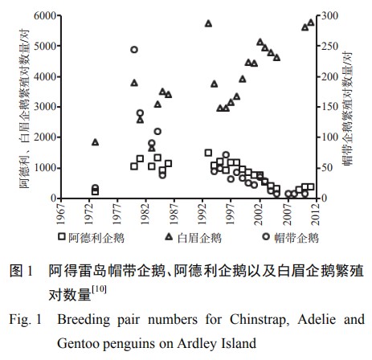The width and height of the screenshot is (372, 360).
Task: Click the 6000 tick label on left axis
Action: point(45,16)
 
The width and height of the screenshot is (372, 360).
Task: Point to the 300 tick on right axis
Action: point(329,16)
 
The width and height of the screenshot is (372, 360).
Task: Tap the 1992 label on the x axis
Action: point(202,214)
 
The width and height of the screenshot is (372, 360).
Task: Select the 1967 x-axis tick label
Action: point(61,214)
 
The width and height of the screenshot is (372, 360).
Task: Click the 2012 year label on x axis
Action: point(317,214)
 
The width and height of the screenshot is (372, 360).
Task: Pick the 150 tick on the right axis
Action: point(329,107)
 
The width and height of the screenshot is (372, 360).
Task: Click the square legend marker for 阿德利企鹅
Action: point(62,237)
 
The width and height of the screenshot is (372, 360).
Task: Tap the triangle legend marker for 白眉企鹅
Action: point(169,237)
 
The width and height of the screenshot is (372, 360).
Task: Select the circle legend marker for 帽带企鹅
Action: point(266,237)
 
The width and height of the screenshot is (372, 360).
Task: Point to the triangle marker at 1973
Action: point(96,142)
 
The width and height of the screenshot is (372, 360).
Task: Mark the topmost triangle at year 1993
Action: point(208,24)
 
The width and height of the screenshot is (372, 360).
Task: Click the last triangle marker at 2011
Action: point(311,22)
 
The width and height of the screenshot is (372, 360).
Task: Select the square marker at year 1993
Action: point(208,153)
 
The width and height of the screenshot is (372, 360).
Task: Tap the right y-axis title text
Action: point(347,108)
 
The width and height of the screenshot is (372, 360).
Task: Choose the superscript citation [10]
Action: point(99,289)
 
